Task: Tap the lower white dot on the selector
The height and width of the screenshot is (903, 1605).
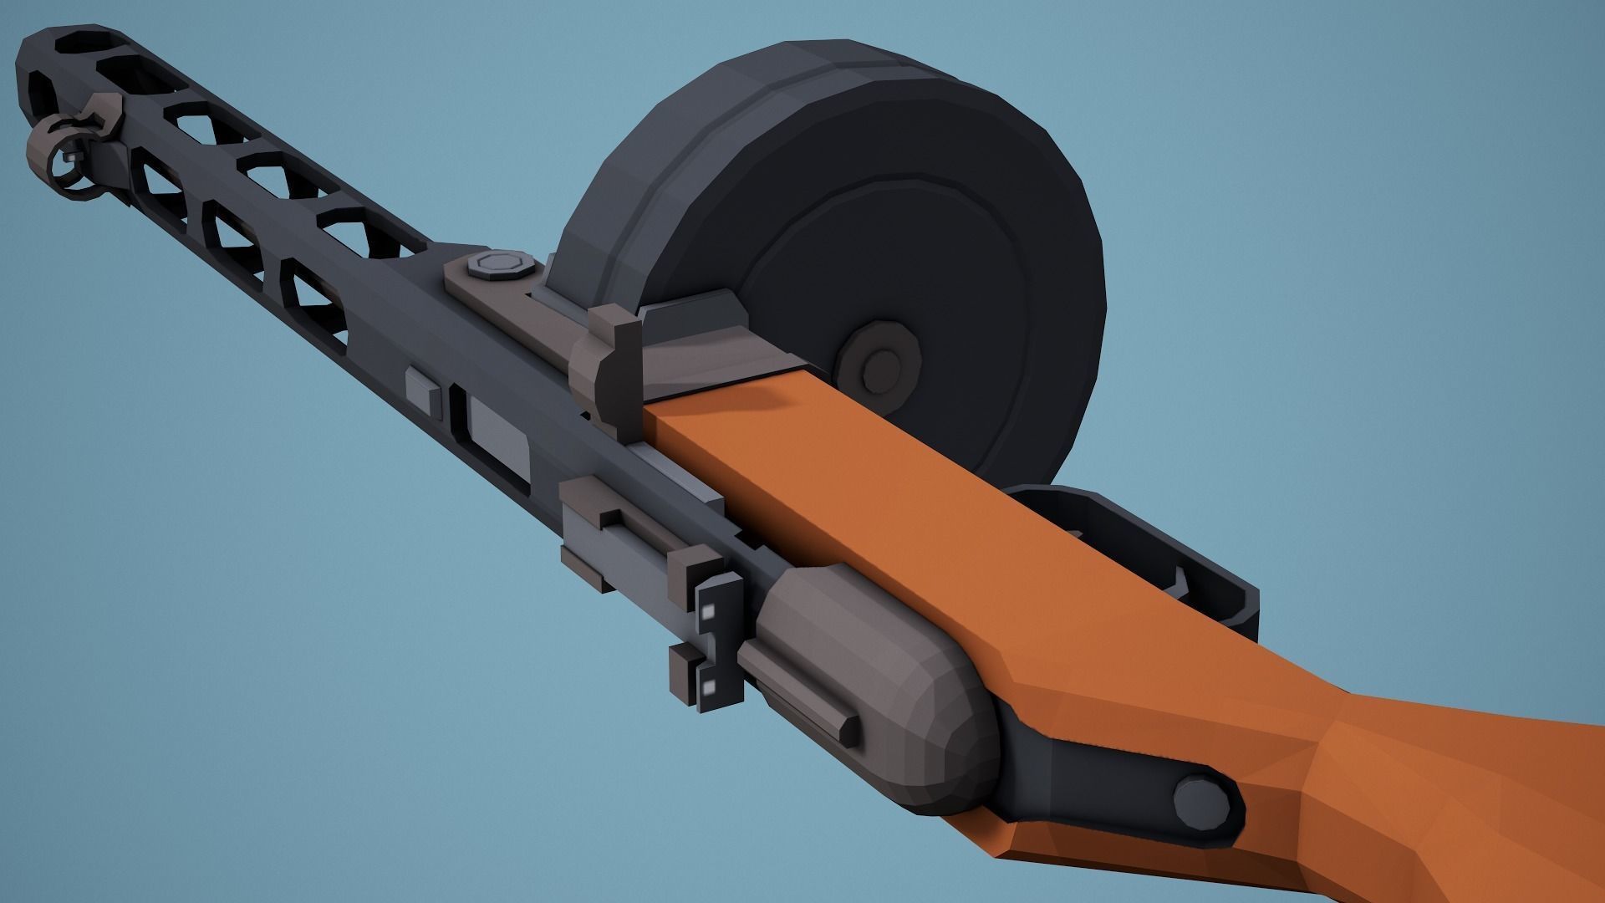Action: click(x=708, y=687)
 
